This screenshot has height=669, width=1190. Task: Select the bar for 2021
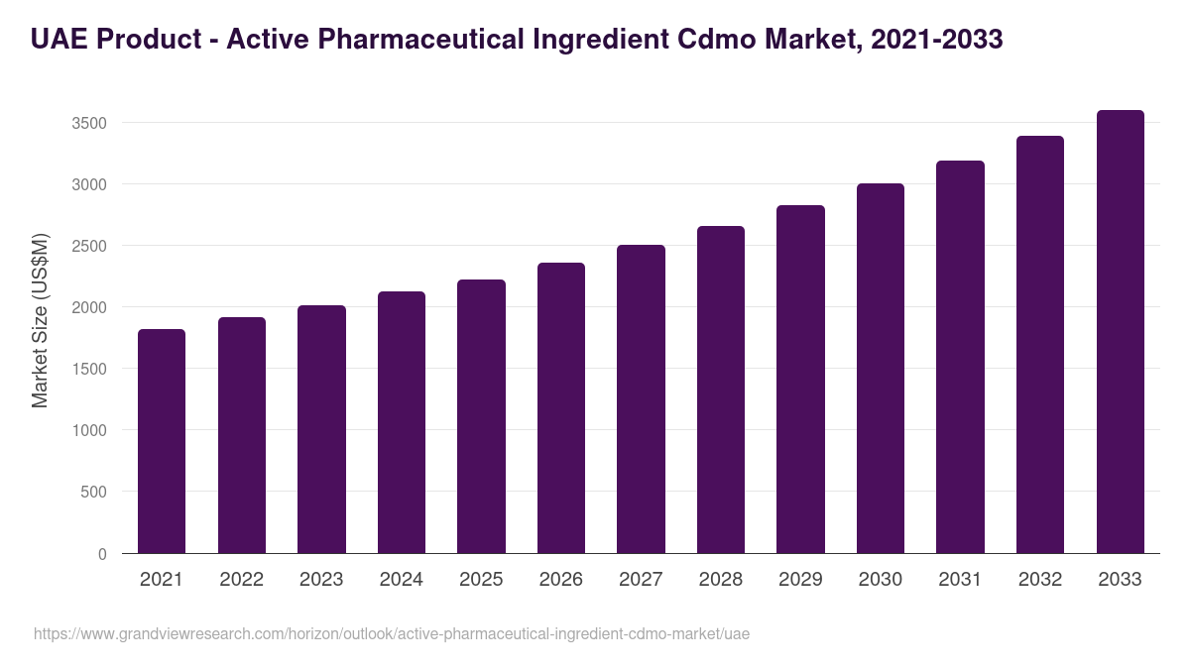tap(162, 441)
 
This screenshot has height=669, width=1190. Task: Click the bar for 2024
tap(401, 422)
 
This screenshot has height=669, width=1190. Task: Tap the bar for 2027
tap(641, 398)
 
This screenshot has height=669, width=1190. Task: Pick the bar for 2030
tap(881, 368)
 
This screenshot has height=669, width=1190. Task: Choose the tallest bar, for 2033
tap(1120, 331)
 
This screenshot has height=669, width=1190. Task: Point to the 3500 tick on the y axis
tap(89, 123)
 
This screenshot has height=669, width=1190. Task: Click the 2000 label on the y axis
tap(89, 307)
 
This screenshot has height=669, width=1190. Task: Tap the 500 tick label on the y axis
tap(94, 492)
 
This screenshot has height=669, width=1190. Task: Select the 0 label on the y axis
tap(102, 554)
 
